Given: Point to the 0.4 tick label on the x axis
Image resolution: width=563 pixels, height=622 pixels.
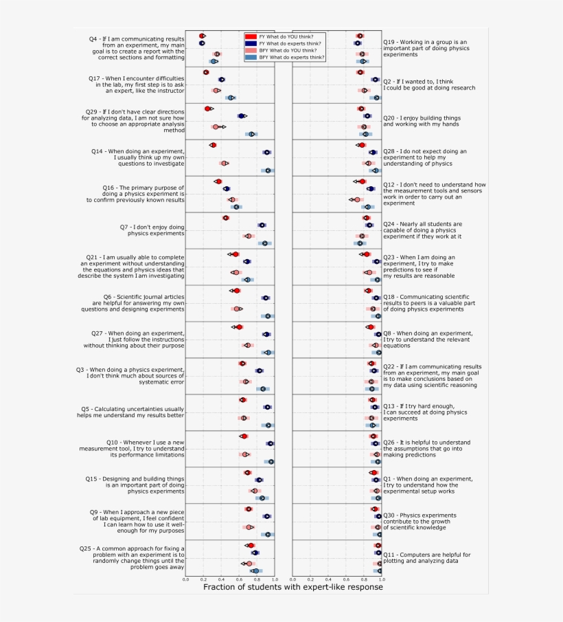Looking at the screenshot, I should point(221,579).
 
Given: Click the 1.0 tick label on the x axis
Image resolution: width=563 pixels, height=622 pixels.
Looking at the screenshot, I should point(275,579).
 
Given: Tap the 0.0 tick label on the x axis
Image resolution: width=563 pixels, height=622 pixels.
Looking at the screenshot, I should point(185,579).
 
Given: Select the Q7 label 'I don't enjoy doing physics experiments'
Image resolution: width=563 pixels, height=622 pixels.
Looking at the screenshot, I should point(152,230).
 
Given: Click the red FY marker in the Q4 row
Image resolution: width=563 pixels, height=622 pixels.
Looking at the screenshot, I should point(202,36).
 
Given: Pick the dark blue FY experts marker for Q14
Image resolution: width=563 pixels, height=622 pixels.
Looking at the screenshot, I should point(267,153).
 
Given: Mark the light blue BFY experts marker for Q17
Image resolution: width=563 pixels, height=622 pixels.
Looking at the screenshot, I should point(231,98).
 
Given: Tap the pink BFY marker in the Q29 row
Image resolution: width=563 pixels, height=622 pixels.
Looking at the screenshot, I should point(216,127).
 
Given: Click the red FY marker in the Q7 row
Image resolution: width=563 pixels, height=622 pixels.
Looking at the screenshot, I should point(225,218).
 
